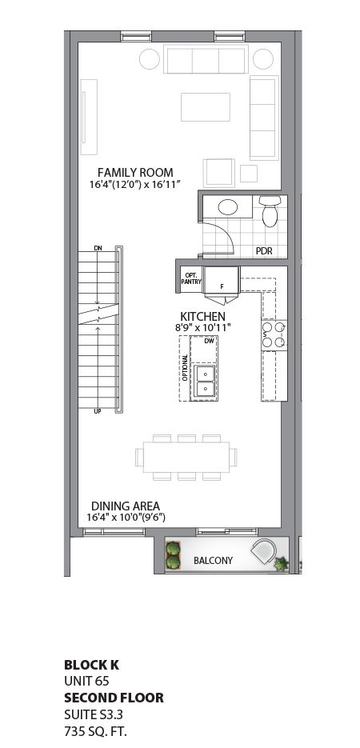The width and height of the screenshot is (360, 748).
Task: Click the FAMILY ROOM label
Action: click(x=135, y=172)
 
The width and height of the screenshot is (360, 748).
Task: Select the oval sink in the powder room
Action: click(x=228, y=207)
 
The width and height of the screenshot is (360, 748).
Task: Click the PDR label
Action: click(x=264, y=250)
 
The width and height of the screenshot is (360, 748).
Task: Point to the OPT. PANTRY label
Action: click(x=190, y=276)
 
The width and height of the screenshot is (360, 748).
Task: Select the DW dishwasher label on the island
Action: click(x=209, y=341)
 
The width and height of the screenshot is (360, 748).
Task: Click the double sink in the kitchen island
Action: click(x=206, y=381)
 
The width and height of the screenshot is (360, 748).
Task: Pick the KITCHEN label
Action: click(x=202, y=317)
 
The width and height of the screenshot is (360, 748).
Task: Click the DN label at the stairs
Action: click(x=98, y=249)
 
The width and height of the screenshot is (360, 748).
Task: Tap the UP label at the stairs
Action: click(x=98, y=411)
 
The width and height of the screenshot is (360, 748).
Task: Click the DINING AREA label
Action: click(x=125, y=506)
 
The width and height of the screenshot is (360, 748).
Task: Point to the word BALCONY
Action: click(x=214, y=561)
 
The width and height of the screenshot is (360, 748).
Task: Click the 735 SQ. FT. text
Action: click(x=95, y=731)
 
